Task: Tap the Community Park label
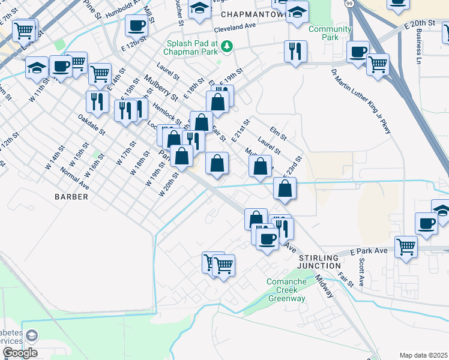pos(330,34)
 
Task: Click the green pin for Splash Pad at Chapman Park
pos(226,46)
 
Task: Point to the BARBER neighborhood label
pos(71,196)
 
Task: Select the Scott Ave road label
pos(361,272)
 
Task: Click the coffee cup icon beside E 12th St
pos(137,26)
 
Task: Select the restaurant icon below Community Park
pos(295,52)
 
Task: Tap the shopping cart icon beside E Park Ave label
pos(406,246)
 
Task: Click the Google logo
pos(19,353)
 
